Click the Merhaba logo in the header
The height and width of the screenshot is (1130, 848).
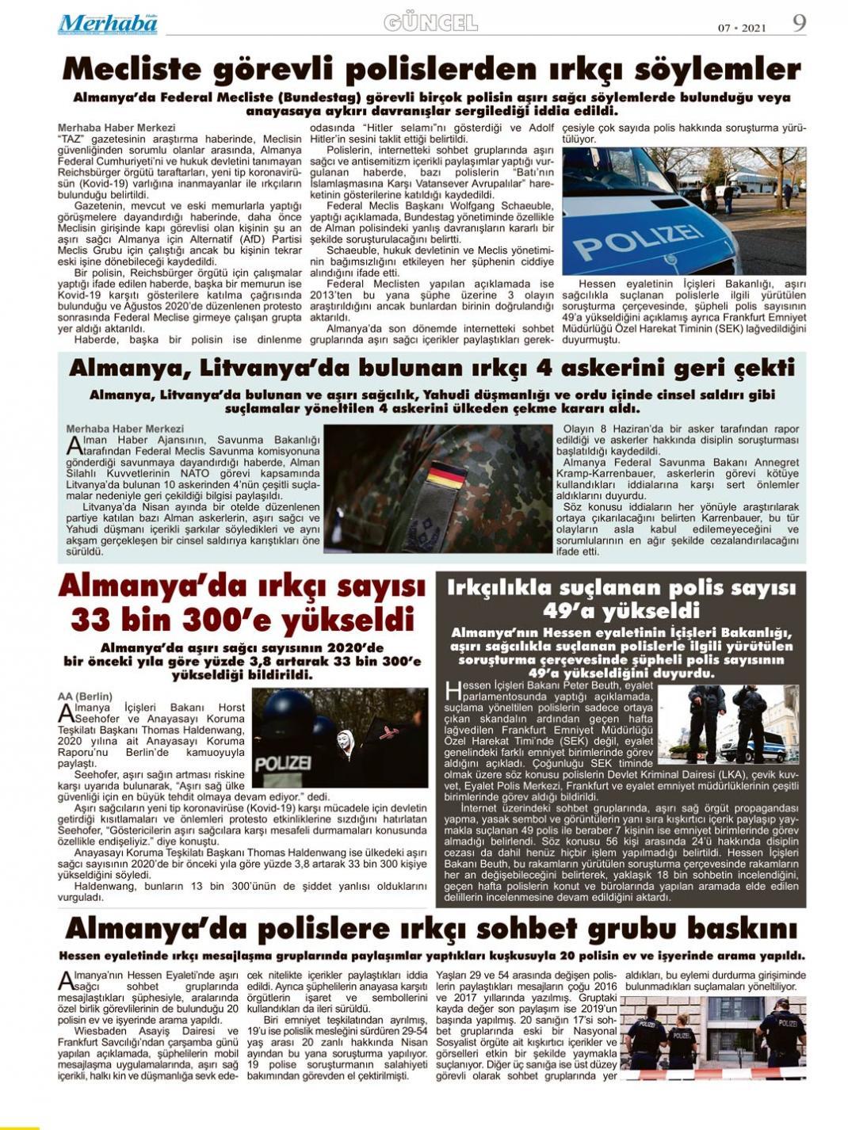107,25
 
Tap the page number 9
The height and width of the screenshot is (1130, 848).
799,23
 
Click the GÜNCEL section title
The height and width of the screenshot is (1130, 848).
430,24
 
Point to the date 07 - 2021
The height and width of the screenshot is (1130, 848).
742,29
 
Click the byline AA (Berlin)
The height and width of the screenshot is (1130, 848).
85,697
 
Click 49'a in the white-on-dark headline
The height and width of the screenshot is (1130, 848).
569,611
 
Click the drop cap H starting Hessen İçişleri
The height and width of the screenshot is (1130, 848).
453,689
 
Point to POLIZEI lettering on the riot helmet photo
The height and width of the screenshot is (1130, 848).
283,763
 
